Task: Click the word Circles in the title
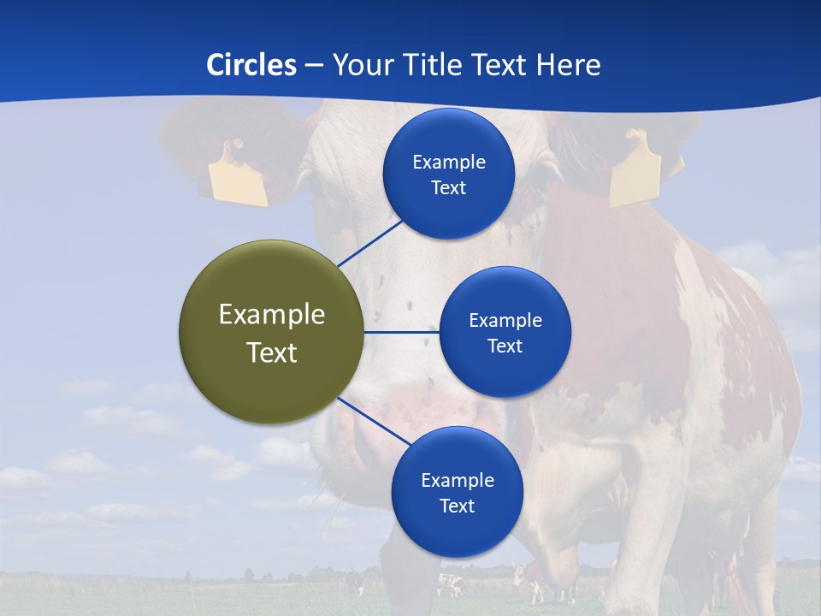click(x=251, y=65)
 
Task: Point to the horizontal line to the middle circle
click(x=401, y=332)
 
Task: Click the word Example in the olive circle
click(x=272, y=315)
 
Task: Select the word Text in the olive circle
click(x=272, y=352)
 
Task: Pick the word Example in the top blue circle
click(x=448, y=163)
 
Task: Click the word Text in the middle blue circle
click(x=505, y=346)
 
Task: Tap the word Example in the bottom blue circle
click(x=457, y=481)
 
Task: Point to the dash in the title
click(x=314, y=65)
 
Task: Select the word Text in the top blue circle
click(x=448, y=188)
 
